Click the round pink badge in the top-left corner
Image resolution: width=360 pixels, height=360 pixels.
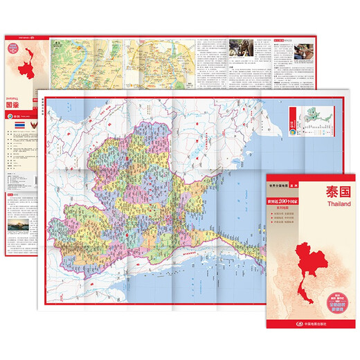[x=14, y=47]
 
